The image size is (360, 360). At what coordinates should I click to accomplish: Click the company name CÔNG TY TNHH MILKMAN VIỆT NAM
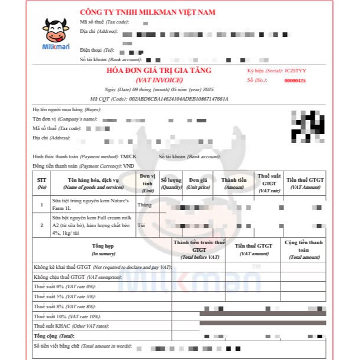[147, 12]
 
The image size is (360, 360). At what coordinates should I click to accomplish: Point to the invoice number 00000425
[295, 81]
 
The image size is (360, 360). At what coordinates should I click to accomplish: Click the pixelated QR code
[308, 124]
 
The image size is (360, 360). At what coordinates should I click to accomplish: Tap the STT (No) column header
[42, 184]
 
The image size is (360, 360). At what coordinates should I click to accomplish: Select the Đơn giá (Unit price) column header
[198, 184]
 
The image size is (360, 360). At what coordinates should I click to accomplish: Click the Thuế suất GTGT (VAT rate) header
[269, 183]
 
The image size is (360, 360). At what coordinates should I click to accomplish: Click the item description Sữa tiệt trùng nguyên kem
[94, 204]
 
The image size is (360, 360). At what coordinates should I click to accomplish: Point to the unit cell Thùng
[144, 205]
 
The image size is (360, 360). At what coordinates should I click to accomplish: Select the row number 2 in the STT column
[42, 225]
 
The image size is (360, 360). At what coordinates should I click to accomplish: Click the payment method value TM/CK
[128, 156]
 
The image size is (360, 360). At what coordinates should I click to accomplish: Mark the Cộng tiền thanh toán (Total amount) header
[304, 249]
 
